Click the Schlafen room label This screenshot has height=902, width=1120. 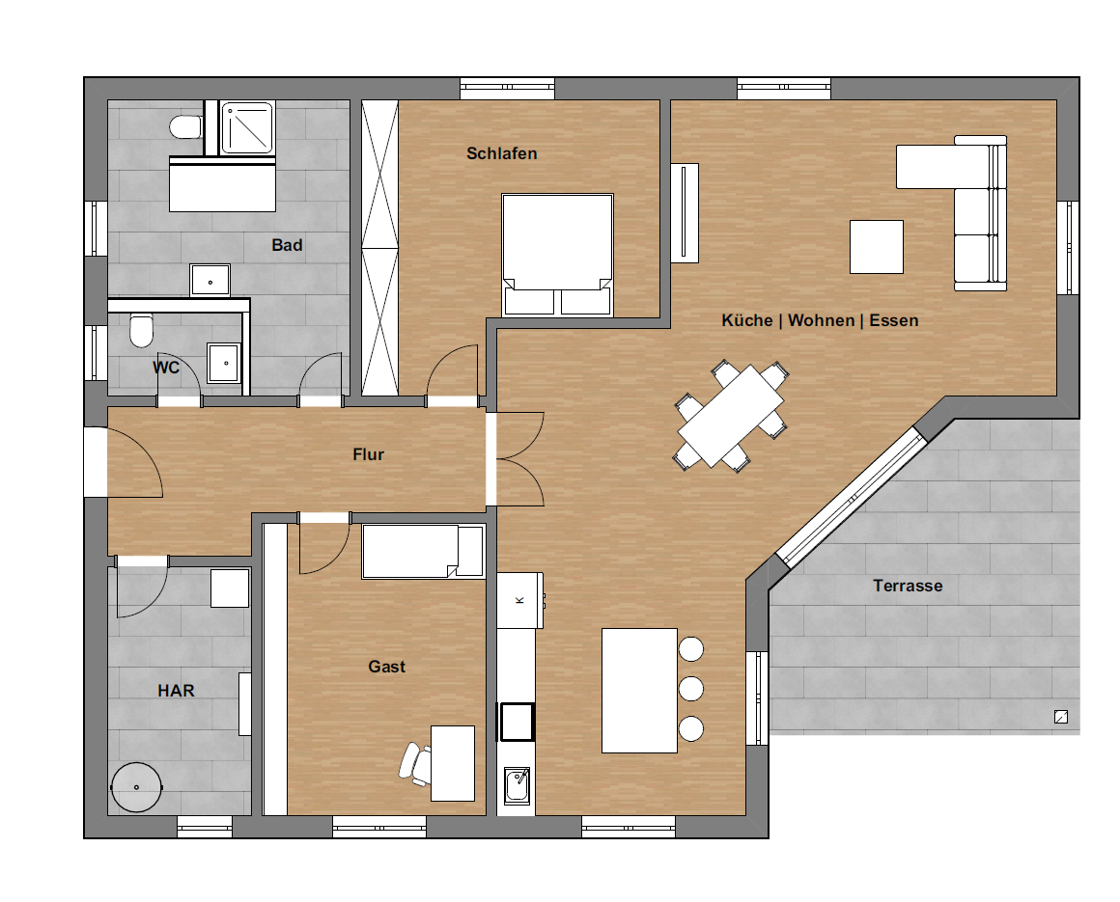(501, 153)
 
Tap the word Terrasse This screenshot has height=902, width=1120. (908, 586)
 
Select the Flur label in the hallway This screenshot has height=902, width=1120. (368, 454)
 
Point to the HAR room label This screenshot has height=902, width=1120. (176, 691)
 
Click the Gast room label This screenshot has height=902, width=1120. (386, 667)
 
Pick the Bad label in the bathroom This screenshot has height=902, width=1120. (287, 245)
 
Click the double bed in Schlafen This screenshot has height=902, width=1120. (557, 255)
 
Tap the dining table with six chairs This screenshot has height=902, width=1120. (731, 416)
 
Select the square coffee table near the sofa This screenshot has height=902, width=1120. (877, 247)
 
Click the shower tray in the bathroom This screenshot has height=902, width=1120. (247, 127)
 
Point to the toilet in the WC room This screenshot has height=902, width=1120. (141, 330)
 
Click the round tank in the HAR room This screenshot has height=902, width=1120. (136, 787)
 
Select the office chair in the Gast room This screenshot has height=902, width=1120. (415, 763)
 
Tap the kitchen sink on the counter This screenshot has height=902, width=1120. (517, 785)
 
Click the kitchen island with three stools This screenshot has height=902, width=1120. (639, 691)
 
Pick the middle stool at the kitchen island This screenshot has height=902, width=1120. (690, 689)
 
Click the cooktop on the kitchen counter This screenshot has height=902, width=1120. (517, 722)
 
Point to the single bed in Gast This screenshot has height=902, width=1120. (424, 552)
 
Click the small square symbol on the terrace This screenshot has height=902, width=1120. (1061, 717)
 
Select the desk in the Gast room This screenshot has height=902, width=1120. (453, 763)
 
